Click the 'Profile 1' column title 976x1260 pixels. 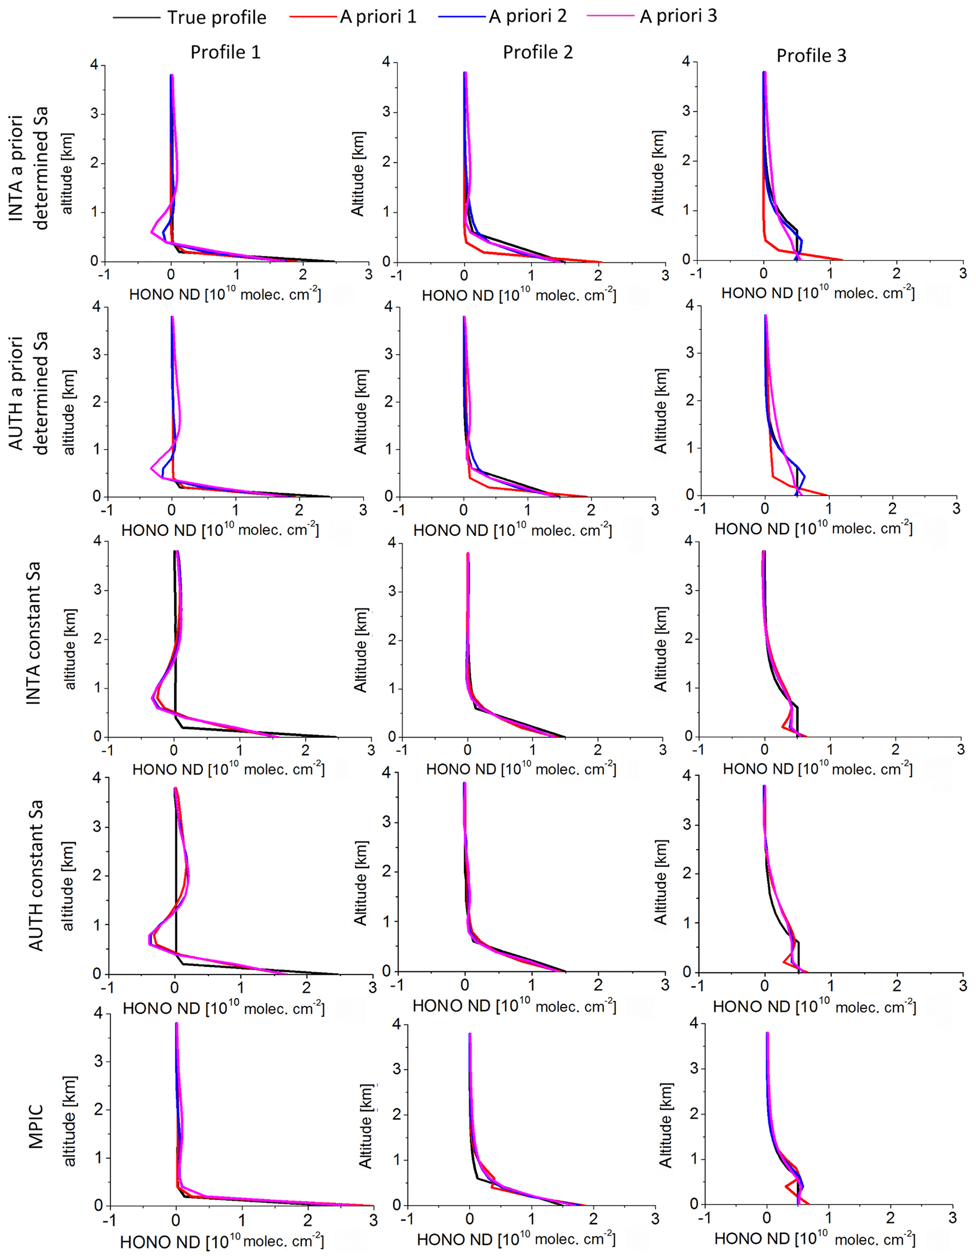pyautogui.click(x=226, y=52)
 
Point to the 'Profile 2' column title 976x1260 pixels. pyautogui.click(x=538, y=52)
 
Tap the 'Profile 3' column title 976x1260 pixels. pyautogui.click(x=811, y=55)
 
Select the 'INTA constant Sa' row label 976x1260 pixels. pyautogui.click(x=34, y=633)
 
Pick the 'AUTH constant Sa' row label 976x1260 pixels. pyautogui.click(x=36, y=875)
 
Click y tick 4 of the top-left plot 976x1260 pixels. pyautogui.click(x=94, y=65)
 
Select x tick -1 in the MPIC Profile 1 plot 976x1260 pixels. pyautogui.click(x=110, y=1221)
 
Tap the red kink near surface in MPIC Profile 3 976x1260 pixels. pyautogui.click(x=788, y=1186)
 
